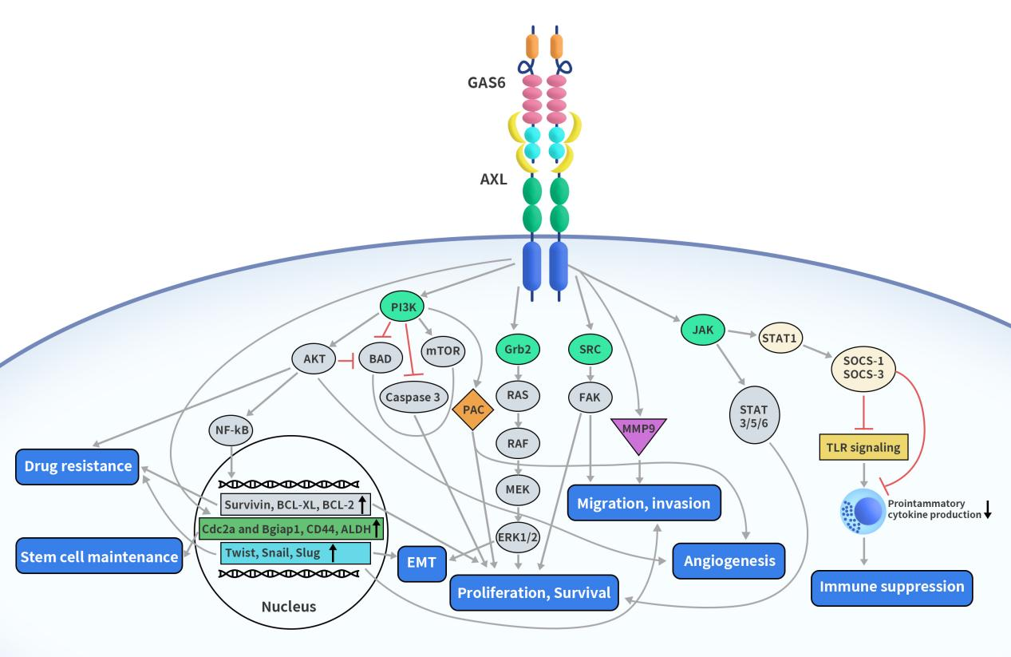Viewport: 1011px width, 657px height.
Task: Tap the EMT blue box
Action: pos(421,564)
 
